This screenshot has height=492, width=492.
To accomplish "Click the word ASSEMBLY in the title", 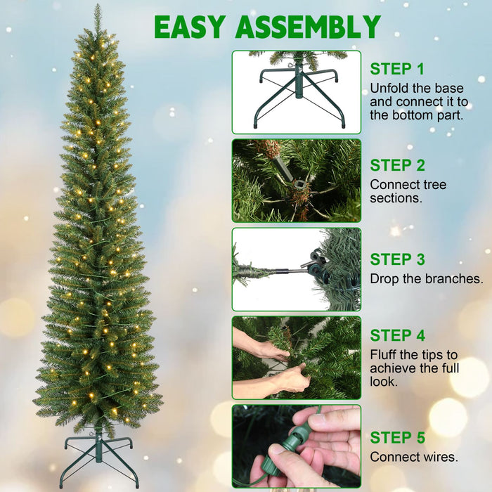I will (x=308, y=27).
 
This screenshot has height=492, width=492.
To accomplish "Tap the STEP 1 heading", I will (x=397, y=69).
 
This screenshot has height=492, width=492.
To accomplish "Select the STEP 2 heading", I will (x=397, y=166).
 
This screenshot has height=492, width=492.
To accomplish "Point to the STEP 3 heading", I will (x=397, y=259).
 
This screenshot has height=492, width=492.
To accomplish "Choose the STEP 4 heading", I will (x=397, y=335).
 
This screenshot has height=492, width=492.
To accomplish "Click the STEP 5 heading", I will (x=397, y=438).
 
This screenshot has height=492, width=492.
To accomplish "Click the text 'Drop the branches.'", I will (x=426, y=279).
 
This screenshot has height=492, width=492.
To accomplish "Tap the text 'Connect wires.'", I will (x=413, y=457).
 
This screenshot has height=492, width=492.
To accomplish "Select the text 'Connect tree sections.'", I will (x=408, y=191).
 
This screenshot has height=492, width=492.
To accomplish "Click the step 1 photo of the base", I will (x=296, y=92).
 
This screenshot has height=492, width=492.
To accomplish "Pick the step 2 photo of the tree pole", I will (x=296, y=181).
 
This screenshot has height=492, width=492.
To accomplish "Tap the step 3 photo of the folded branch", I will (x=296, y=269).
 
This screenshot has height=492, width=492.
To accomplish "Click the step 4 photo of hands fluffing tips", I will (x=296, y=358).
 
